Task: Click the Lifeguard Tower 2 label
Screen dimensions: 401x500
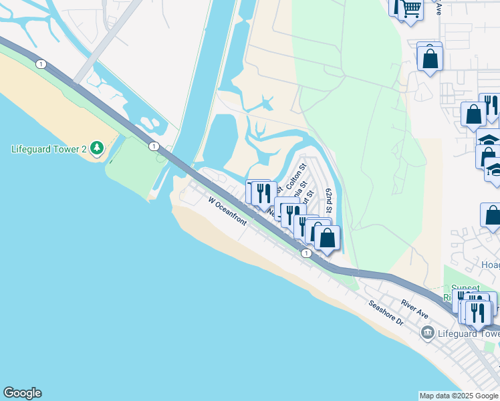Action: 49,148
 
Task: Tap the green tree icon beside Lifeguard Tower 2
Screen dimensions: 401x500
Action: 97,147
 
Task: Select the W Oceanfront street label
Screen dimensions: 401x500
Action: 227,211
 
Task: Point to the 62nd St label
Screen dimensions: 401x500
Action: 329,201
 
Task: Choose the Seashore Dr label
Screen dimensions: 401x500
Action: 386,312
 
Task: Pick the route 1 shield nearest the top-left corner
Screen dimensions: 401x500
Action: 41,64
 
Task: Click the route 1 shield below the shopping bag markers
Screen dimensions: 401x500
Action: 305,253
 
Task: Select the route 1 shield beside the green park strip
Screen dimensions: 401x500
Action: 154,146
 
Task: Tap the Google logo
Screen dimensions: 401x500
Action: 22,393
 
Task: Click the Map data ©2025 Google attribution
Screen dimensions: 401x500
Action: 459,396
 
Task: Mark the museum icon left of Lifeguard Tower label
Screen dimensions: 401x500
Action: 427,332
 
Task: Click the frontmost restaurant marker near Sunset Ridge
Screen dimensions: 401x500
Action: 479,312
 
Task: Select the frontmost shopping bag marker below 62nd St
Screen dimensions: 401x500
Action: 328,237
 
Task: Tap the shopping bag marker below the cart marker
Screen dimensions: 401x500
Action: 430,58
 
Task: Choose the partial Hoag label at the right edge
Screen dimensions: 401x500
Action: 491,265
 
